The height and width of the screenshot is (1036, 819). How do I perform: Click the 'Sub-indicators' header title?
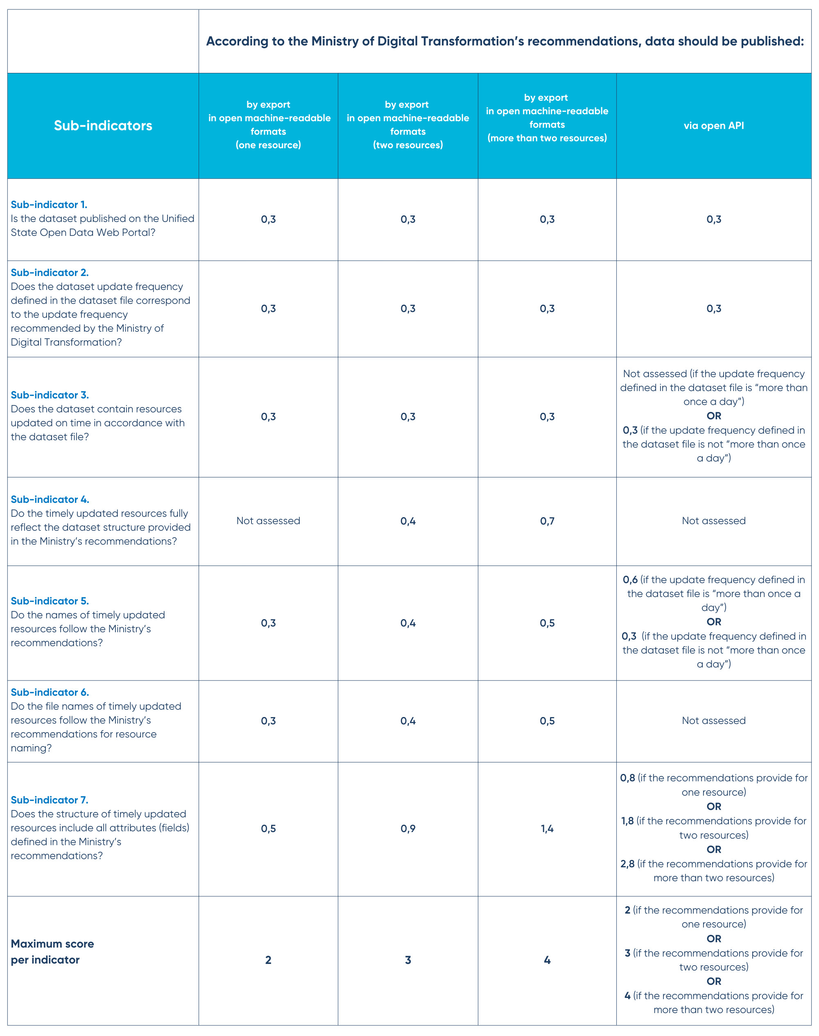(x=103, y=126)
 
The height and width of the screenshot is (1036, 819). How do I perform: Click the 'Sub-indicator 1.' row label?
(x=49, y=205)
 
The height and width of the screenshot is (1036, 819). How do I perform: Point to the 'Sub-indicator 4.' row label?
(x=50, y=500)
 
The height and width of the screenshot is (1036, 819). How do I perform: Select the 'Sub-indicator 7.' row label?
(x=50, y=800)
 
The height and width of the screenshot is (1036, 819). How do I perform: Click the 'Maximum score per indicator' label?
(x=52, y=952)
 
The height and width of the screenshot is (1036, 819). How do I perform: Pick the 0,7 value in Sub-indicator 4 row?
(x=547, y=521)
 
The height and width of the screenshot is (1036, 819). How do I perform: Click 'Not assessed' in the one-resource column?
(x=268, y=521)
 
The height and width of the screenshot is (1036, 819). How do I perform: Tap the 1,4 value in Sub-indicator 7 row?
(x=547, y=829)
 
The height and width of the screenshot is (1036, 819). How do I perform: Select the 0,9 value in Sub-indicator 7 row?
(x=407, y=829)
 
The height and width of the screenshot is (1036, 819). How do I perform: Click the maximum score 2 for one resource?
(x=268, y=960)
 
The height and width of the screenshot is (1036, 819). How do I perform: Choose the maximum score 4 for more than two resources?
(x=547, y=960)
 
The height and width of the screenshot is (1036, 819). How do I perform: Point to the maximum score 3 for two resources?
(x=407, y=960)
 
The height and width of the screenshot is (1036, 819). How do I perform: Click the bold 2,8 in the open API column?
(x=627, y=864)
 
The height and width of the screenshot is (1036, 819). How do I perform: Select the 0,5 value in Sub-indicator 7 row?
(x=268, y=829)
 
